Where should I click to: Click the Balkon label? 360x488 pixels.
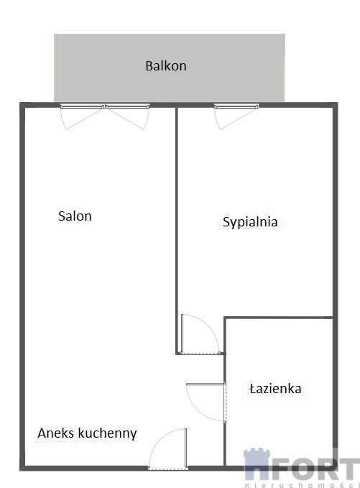tap(166, 66)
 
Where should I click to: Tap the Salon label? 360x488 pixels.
tap(75, 216)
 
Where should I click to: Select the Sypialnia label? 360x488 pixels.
tap(250, 222)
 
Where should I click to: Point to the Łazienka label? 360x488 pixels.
tap(275, 389)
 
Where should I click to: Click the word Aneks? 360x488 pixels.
tap(56, 433)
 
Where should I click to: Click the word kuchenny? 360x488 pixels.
tap(108, 433)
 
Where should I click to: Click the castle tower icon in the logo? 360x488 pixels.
tap(257, 464)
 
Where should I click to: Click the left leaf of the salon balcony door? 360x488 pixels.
tap(82, 116)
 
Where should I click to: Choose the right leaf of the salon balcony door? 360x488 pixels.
tap(128, 116)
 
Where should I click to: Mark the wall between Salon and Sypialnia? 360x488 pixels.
tap(177, 230)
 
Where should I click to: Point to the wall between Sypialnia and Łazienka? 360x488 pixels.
tap(279, 318)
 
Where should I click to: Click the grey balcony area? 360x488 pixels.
tap(170, 68)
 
